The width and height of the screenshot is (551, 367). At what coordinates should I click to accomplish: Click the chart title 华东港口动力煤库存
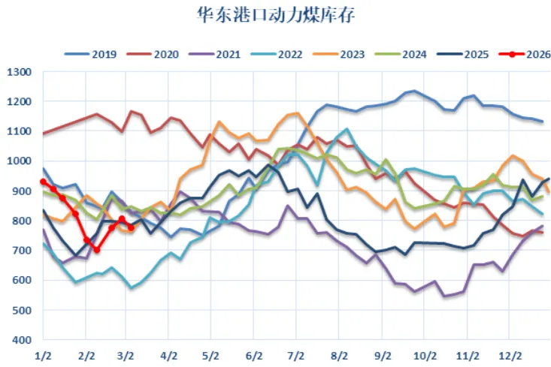[275, 15]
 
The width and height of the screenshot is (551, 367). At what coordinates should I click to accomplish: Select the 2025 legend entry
[474, 54]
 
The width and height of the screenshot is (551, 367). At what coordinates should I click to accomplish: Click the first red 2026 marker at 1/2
[44, 182]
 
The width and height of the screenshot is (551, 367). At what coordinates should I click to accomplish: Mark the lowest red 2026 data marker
[96, 250]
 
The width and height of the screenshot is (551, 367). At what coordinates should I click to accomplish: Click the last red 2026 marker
[131, 227]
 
